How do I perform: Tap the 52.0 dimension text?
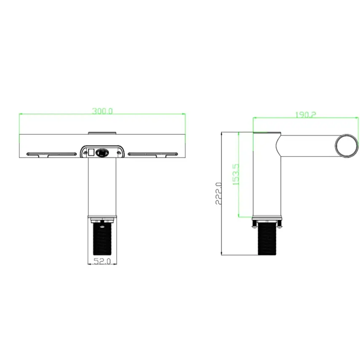point(101,261)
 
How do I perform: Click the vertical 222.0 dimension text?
point(218,193)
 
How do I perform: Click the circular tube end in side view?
point(347,146)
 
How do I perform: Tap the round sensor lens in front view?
point(101,153)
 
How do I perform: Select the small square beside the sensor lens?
point(91,152)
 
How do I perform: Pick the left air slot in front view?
point(52,154)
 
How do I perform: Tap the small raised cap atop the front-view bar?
point(101,133)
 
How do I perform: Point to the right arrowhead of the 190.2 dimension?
point(356,118)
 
